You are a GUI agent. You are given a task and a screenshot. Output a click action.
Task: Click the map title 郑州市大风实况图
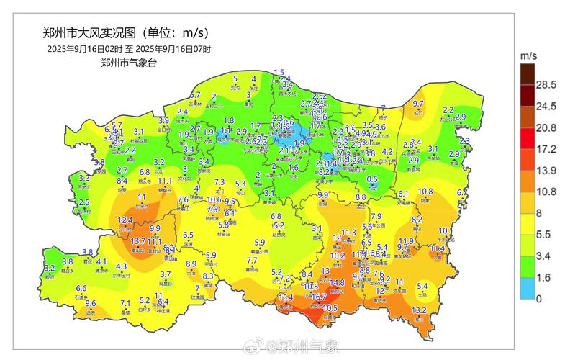91,33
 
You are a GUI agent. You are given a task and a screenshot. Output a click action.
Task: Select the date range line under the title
129,49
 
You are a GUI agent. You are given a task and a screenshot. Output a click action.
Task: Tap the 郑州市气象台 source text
129,63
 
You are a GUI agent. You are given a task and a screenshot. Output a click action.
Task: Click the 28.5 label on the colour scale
549,85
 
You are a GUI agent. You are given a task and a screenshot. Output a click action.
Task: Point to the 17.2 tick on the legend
549,148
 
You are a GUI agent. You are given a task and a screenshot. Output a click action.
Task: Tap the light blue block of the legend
528,287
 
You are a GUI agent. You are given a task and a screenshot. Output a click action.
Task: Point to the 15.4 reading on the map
286,297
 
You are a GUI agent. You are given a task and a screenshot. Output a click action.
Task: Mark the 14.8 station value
337,283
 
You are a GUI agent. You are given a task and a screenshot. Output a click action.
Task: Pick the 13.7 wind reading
138,240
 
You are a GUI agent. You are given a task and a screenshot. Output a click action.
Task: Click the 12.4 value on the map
125,220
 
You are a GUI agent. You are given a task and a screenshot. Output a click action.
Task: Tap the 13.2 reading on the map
418,310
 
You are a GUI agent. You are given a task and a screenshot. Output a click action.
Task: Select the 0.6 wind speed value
372,179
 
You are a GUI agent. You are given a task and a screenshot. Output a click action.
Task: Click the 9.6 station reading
90,303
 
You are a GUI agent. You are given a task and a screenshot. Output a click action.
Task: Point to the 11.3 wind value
349,233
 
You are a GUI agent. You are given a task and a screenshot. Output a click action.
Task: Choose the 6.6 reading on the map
81,288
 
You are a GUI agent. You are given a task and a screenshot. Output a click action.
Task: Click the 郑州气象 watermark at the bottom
302,348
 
